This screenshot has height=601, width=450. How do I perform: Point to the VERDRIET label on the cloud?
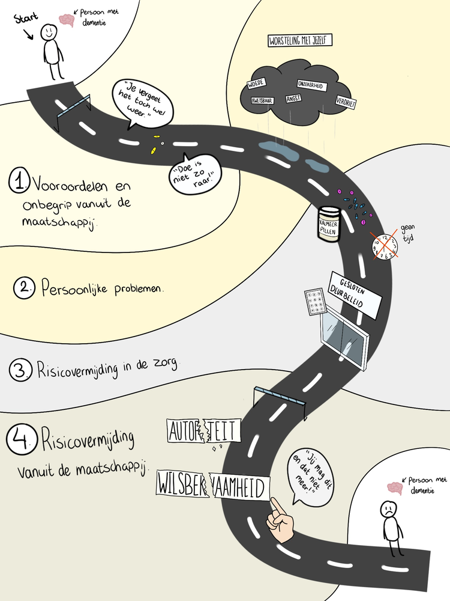coord(346,102)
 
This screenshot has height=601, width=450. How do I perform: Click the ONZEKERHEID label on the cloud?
coord(311,86)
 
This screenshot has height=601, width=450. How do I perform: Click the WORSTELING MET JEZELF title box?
coord(300,40)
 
